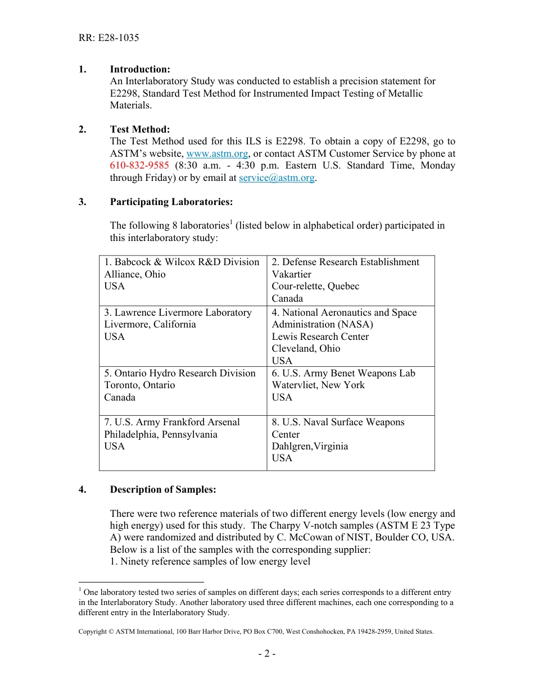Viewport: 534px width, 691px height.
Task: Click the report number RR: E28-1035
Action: pos(108,38)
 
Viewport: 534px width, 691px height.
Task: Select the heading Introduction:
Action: pos(140,69)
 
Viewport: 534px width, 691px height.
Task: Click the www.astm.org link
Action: pos(217,153)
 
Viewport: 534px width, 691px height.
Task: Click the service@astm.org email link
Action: pos(276,178)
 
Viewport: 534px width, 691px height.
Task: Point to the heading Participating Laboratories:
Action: pos(171,202)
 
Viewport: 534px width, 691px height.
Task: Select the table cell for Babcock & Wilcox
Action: pos(183,280)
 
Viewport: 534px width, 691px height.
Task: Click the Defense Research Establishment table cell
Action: pos(350,280)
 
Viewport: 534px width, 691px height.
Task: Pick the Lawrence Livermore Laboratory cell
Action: pos(183,335)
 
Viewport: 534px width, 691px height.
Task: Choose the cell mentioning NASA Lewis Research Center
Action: pos(350,335)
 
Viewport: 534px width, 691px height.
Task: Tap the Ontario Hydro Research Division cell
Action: pos(183,390)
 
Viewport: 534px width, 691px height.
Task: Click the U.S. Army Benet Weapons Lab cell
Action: pos(350,390)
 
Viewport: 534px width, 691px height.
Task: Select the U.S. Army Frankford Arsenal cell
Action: pos(183,442)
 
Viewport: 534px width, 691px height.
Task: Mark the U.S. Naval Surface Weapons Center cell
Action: pos(350,442)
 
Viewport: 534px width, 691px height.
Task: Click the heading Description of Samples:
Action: pos(162,489)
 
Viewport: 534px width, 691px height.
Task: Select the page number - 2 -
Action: pos(266,653)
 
